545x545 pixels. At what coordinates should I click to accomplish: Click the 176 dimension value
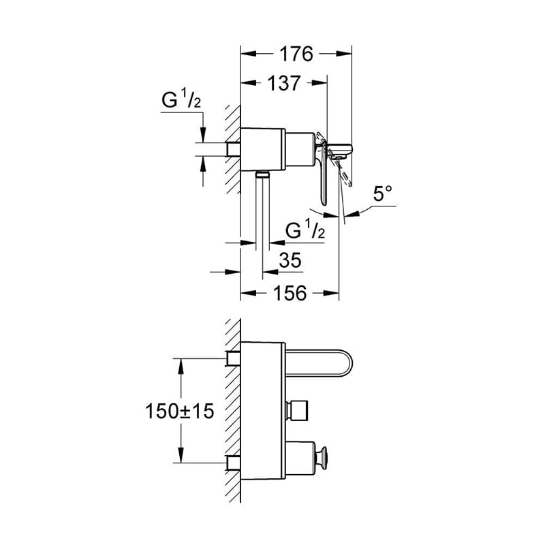coord(296,54)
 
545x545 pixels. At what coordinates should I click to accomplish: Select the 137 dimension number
coord(283,83)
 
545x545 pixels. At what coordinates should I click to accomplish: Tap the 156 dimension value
coord(290,293)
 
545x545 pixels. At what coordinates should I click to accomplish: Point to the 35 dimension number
coord(290,260)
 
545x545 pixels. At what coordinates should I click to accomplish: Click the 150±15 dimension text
coord(179,411)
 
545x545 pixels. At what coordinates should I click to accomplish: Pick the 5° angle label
coord(383,193)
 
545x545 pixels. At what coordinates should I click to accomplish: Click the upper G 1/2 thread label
coord(181,100)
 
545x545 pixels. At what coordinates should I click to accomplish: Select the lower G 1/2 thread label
coord(305,230)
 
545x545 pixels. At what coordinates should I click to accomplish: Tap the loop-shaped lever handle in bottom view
coord(319,363)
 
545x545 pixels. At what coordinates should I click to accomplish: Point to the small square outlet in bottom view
coord(296,411)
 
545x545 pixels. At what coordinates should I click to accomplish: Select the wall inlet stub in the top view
coord(233,149)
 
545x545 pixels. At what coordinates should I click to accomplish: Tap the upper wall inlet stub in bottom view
coord(233,358)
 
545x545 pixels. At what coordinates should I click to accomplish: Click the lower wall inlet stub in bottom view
coord(233,463)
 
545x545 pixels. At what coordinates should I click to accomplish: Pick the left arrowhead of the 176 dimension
coord(249,54)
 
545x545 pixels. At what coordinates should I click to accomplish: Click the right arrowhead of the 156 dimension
coord(331,294)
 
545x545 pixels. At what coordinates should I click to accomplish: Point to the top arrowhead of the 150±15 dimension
coord(181,366)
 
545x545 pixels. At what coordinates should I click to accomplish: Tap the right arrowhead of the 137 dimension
coord(320,83)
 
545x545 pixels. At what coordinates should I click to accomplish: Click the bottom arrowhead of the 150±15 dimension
coord(181,455)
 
